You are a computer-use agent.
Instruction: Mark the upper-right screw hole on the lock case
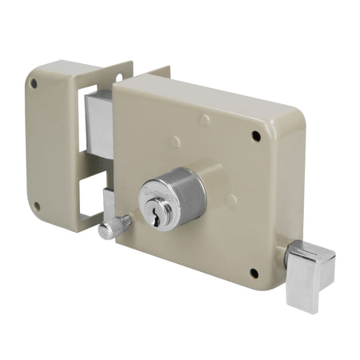(256, 136)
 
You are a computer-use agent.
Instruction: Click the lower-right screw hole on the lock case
(254, 273)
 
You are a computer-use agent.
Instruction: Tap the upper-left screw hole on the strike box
(34, 83)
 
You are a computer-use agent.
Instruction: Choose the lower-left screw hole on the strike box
(36, 206)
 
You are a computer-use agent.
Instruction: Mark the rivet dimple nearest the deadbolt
(175, 143)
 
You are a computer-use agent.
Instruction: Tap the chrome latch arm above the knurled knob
(108, 205)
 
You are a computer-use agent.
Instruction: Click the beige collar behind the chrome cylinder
(210, 181)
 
